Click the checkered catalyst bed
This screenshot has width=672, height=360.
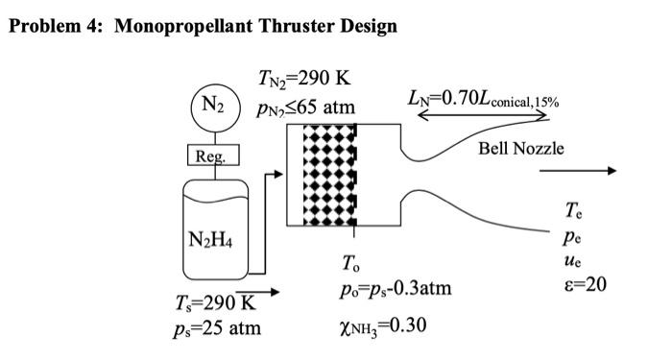(329, 175)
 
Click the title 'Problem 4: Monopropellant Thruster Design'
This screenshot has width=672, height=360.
(203, 26)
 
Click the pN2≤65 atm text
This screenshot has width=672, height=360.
(306, 107)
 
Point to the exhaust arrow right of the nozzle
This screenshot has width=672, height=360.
(576, 171)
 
